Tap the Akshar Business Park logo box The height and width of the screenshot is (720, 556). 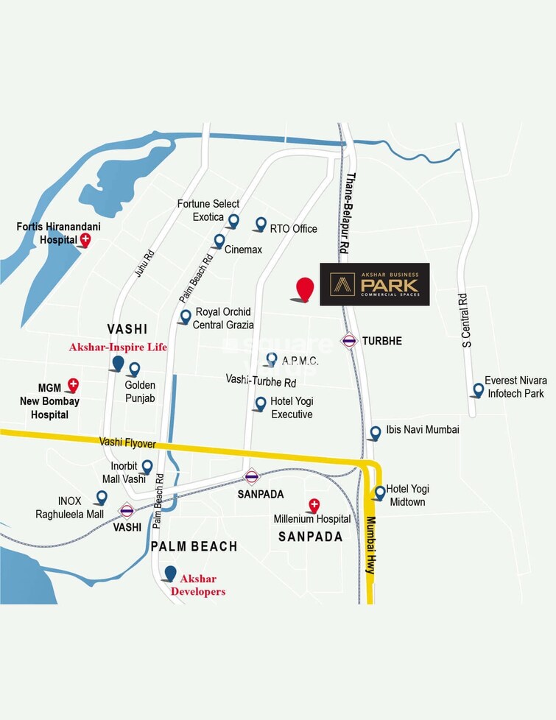(374, 284)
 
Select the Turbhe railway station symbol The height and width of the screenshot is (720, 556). (348, 341)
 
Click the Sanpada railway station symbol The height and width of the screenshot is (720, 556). (252, 476)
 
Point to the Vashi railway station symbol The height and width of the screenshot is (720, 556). (127, 510)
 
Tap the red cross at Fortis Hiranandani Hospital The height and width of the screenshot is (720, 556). (85, 239)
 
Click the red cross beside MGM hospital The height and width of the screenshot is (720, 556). (73, 384)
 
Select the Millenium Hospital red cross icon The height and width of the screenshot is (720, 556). (314, 505)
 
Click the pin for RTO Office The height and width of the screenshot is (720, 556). (261, 224)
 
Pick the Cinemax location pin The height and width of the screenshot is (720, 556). (219, 241)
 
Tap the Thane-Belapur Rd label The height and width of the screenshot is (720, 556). (347, 213)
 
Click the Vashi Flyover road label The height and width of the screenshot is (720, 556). (128, 443)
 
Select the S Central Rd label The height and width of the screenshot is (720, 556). (465, 320)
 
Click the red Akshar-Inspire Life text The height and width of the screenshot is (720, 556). (118, 347)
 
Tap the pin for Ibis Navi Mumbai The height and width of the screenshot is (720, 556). (376, 432)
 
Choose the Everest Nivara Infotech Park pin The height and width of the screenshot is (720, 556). (479, 389)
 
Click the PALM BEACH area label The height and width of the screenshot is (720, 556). (194, 546)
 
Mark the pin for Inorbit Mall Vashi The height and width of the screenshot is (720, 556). (147, 467)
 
